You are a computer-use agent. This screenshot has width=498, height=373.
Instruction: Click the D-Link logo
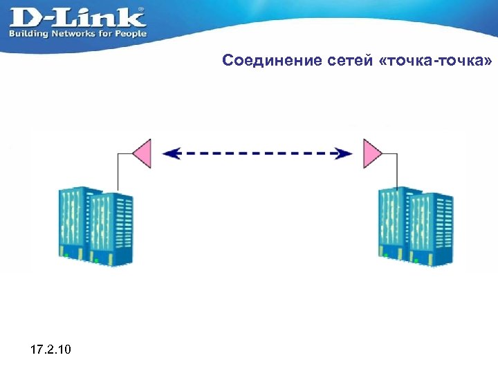76,16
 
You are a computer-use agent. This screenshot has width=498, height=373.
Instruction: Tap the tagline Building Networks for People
77,33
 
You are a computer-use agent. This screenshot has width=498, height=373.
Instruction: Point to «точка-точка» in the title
436,61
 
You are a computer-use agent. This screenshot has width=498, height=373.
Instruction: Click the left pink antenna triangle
142,153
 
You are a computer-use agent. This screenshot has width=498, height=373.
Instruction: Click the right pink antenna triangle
372,153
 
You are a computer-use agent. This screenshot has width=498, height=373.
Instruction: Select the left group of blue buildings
97,225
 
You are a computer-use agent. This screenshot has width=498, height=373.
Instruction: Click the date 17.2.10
50,351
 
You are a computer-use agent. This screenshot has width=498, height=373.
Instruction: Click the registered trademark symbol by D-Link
142,10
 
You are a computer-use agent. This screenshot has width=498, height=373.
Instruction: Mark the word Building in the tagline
28,33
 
